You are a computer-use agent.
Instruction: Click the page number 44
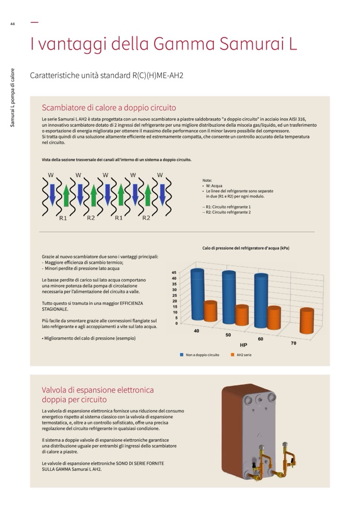(13, 25)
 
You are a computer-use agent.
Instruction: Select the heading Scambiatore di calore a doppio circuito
(109, 108)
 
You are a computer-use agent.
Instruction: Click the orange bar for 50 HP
(242, 315)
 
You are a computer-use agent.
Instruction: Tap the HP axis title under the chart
(243, 346)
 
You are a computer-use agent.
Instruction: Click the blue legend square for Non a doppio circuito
(182, 355)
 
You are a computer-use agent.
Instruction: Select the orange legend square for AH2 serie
(232, 355)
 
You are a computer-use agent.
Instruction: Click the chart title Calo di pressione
(245, 248)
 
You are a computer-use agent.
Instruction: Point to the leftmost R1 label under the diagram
(63, 218)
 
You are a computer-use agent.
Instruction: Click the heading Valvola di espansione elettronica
(98, 390)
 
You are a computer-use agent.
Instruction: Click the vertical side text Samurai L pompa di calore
(13, 98)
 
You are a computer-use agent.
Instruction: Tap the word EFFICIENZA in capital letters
(131, 303)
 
